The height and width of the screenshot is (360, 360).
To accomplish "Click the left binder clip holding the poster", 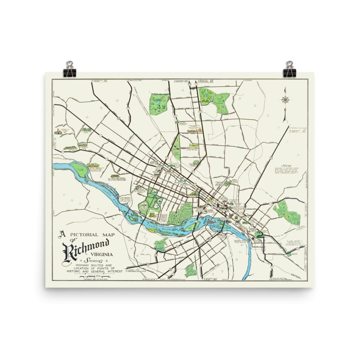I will point(69,69).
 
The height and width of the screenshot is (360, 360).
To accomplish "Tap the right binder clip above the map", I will point(289,69).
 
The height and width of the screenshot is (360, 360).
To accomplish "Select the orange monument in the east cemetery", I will point(289,215).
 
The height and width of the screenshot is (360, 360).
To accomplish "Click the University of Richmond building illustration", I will point(58,132).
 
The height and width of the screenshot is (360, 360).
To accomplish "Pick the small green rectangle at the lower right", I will point(288,254).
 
